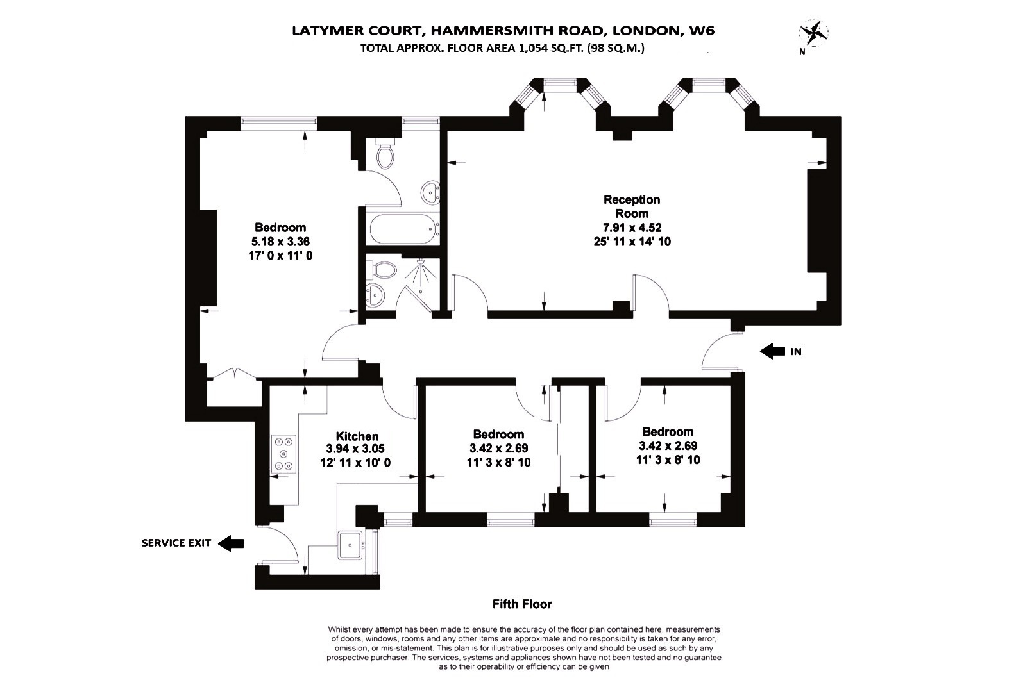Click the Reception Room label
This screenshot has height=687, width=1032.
[631, 206]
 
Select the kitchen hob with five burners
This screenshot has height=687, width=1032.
[284, 454]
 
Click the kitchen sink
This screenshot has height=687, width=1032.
[350, 545]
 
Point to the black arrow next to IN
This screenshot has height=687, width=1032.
[772, 351]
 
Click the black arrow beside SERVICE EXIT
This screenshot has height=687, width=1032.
[231, 543]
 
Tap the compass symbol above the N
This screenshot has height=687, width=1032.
[813, 32]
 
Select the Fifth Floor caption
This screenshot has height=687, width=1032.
[521, 604]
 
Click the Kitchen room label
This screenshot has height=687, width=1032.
[357, 436]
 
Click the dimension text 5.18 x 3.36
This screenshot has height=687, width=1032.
[280, 242]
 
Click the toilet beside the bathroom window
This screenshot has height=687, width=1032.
[385, 154]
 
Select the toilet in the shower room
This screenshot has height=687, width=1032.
[383, 269]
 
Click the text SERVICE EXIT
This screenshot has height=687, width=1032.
[176, 543]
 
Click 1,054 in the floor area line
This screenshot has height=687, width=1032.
[534, 47]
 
